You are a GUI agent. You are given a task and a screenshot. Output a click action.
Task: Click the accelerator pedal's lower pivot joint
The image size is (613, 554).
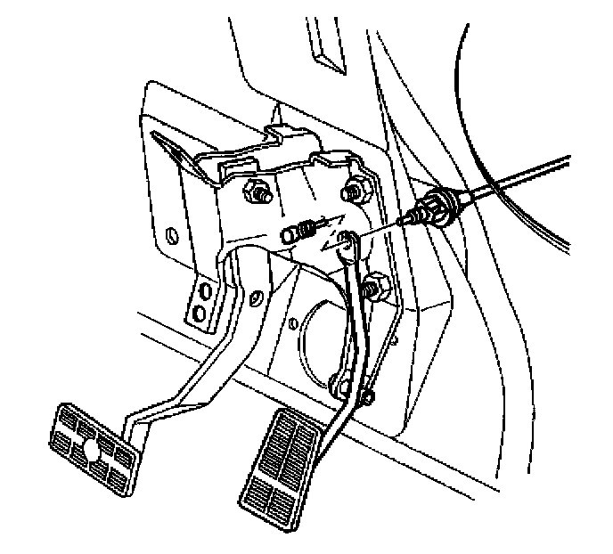340,386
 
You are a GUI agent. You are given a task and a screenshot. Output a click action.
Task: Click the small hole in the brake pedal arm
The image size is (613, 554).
256,298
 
